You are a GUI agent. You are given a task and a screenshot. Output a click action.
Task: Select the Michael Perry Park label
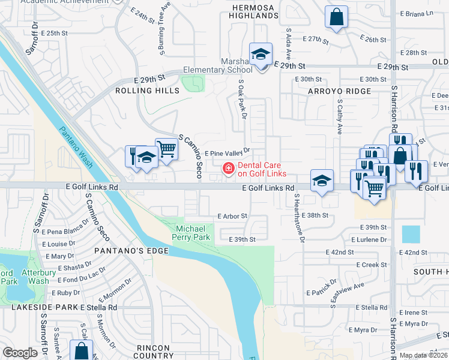click(x=194, y=233)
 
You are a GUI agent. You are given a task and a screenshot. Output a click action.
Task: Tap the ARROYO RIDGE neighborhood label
click(x=339, y=91)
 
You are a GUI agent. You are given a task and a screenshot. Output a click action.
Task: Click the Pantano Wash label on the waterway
click(x=76, y=146)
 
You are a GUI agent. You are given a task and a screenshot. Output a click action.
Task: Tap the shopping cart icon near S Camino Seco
click(x=166, y=148)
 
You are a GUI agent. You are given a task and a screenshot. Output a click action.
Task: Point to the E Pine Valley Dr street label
click(x=227, y=152)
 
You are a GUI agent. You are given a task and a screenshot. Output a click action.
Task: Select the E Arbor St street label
click(x=232, y=215)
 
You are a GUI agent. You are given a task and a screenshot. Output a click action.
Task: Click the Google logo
click(x=20, y=353)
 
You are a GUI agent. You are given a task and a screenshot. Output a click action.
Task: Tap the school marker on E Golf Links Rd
click(x=322, y=181)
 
